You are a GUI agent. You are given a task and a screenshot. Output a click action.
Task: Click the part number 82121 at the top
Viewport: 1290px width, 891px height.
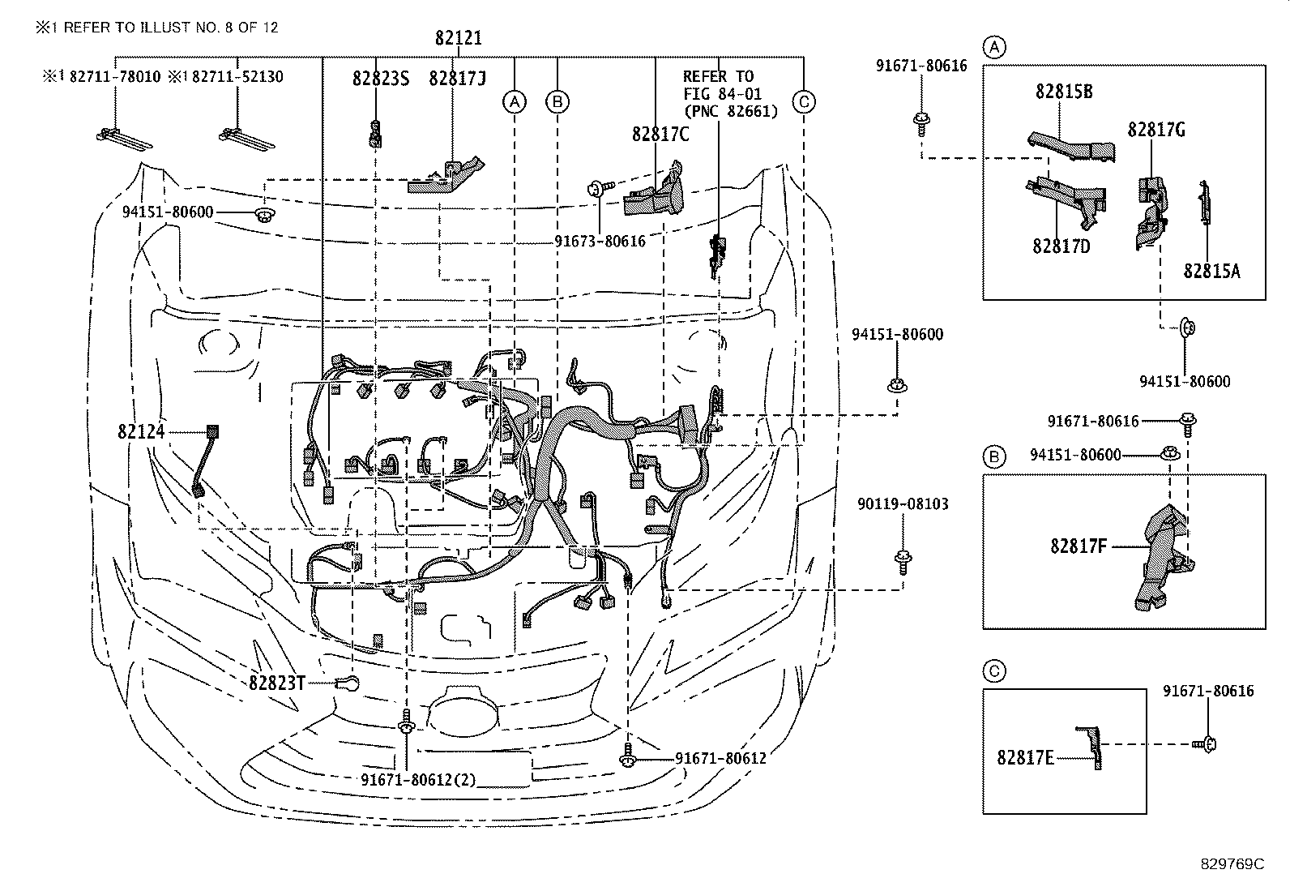point(458,37)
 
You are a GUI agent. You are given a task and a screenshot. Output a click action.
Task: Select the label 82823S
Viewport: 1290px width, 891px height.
point(380,78)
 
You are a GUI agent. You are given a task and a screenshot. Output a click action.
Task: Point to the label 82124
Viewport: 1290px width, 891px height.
point(141,431)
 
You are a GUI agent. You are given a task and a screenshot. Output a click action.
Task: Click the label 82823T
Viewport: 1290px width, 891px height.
point(277,683)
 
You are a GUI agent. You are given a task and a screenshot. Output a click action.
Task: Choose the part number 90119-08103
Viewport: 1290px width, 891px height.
point(902,503)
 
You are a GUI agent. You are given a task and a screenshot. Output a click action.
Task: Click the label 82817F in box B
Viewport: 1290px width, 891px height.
point(1078,546)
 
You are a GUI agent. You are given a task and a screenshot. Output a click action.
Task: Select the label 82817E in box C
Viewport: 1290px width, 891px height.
point(1025,757)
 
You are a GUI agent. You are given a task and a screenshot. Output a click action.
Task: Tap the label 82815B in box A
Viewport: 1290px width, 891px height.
point(1063,91)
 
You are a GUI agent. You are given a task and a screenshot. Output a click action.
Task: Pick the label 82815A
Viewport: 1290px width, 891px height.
point(1211,271)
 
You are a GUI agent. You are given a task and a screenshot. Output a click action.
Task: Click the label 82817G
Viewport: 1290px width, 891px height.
point(1156,129)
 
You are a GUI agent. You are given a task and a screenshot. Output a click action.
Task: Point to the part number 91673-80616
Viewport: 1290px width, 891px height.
point(600,241)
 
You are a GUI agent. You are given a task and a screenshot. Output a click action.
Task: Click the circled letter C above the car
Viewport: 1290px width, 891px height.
point(803,101)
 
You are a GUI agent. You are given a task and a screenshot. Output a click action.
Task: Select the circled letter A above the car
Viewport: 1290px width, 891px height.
point(514,101)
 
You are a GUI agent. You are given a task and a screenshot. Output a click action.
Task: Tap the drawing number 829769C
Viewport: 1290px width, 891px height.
point(1232,863)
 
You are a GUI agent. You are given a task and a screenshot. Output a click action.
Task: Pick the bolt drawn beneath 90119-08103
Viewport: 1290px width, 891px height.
point(901,559)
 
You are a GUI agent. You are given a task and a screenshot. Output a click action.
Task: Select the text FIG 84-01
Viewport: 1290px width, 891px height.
point(722,94)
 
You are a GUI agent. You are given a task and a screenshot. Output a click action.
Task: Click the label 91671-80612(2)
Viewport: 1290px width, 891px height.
point(418,779)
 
